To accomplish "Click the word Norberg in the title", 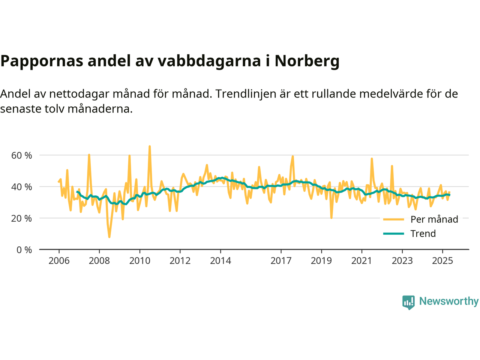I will tap(307, 61).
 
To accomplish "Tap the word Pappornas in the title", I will tap(42, 61).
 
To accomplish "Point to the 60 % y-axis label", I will tap(21, 155).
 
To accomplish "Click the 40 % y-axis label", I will tap(21, 187).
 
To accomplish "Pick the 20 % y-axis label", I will tap(21, 218).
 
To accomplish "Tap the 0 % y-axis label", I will tap(24, 250).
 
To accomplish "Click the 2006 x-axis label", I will tap(59, 261).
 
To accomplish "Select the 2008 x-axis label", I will tap(99, 261).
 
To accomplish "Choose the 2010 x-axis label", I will tap(140, 261).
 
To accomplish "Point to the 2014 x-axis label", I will tap(220, 261).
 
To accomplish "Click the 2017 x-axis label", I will tap(281, 261).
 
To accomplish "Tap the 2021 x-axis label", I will tap(361, 261).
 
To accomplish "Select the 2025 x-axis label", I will tap(442, 261).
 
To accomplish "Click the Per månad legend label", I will tap(434, 219).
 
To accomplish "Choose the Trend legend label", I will tap(423, 234).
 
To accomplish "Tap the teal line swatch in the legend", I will tap(393, 234).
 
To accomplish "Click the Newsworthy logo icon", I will tap(408, 302).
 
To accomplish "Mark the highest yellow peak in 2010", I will tap(150, 146).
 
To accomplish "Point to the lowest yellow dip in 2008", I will tap(109, 237).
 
